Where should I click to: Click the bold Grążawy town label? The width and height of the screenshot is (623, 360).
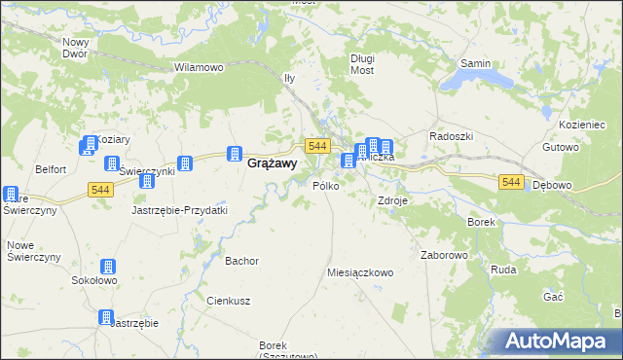pos(266,164)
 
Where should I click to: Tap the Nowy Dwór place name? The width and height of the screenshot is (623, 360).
pos(75,48)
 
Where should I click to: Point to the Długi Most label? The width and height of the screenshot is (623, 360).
pos(362,64)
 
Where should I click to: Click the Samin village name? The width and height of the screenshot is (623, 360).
pos(475,63)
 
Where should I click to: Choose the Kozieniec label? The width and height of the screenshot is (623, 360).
pos(584,126)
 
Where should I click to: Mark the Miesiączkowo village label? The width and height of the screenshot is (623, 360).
pos(360,273)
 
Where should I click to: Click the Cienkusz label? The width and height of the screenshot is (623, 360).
pos(230,301)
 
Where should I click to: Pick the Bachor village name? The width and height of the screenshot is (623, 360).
pos(241,261)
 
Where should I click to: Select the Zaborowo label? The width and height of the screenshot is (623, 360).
pos(445,255)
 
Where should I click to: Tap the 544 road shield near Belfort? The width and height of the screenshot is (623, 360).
pos(100,188)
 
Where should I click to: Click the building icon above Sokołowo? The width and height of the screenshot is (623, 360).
pos(107,267)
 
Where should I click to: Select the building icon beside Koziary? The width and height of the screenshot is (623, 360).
pos(88,145)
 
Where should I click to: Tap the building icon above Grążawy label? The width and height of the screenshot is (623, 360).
pos(234,153)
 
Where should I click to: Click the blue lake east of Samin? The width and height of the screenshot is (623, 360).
pos(495,76)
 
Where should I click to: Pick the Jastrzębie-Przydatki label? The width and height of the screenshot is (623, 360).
pos(179,210)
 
